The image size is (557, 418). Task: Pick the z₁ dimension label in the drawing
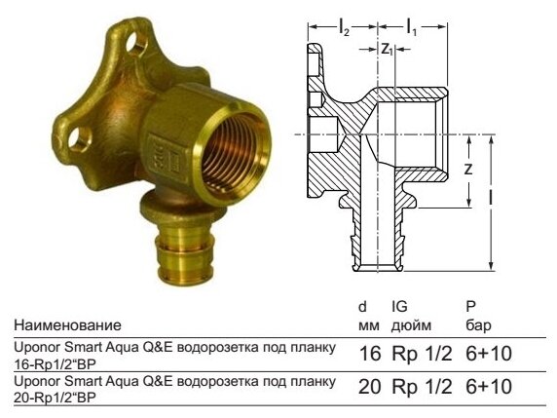point(387,49)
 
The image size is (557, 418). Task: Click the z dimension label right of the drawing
point(467,169)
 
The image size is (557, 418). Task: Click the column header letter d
point(363,306)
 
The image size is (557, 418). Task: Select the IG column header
point(399,306)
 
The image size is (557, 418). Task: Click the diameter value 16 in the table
point(370,353)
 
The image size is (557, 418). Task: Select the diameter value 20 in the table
point(370,388)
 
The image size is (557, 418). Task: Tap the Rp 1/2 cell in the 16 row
point(422,353)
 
